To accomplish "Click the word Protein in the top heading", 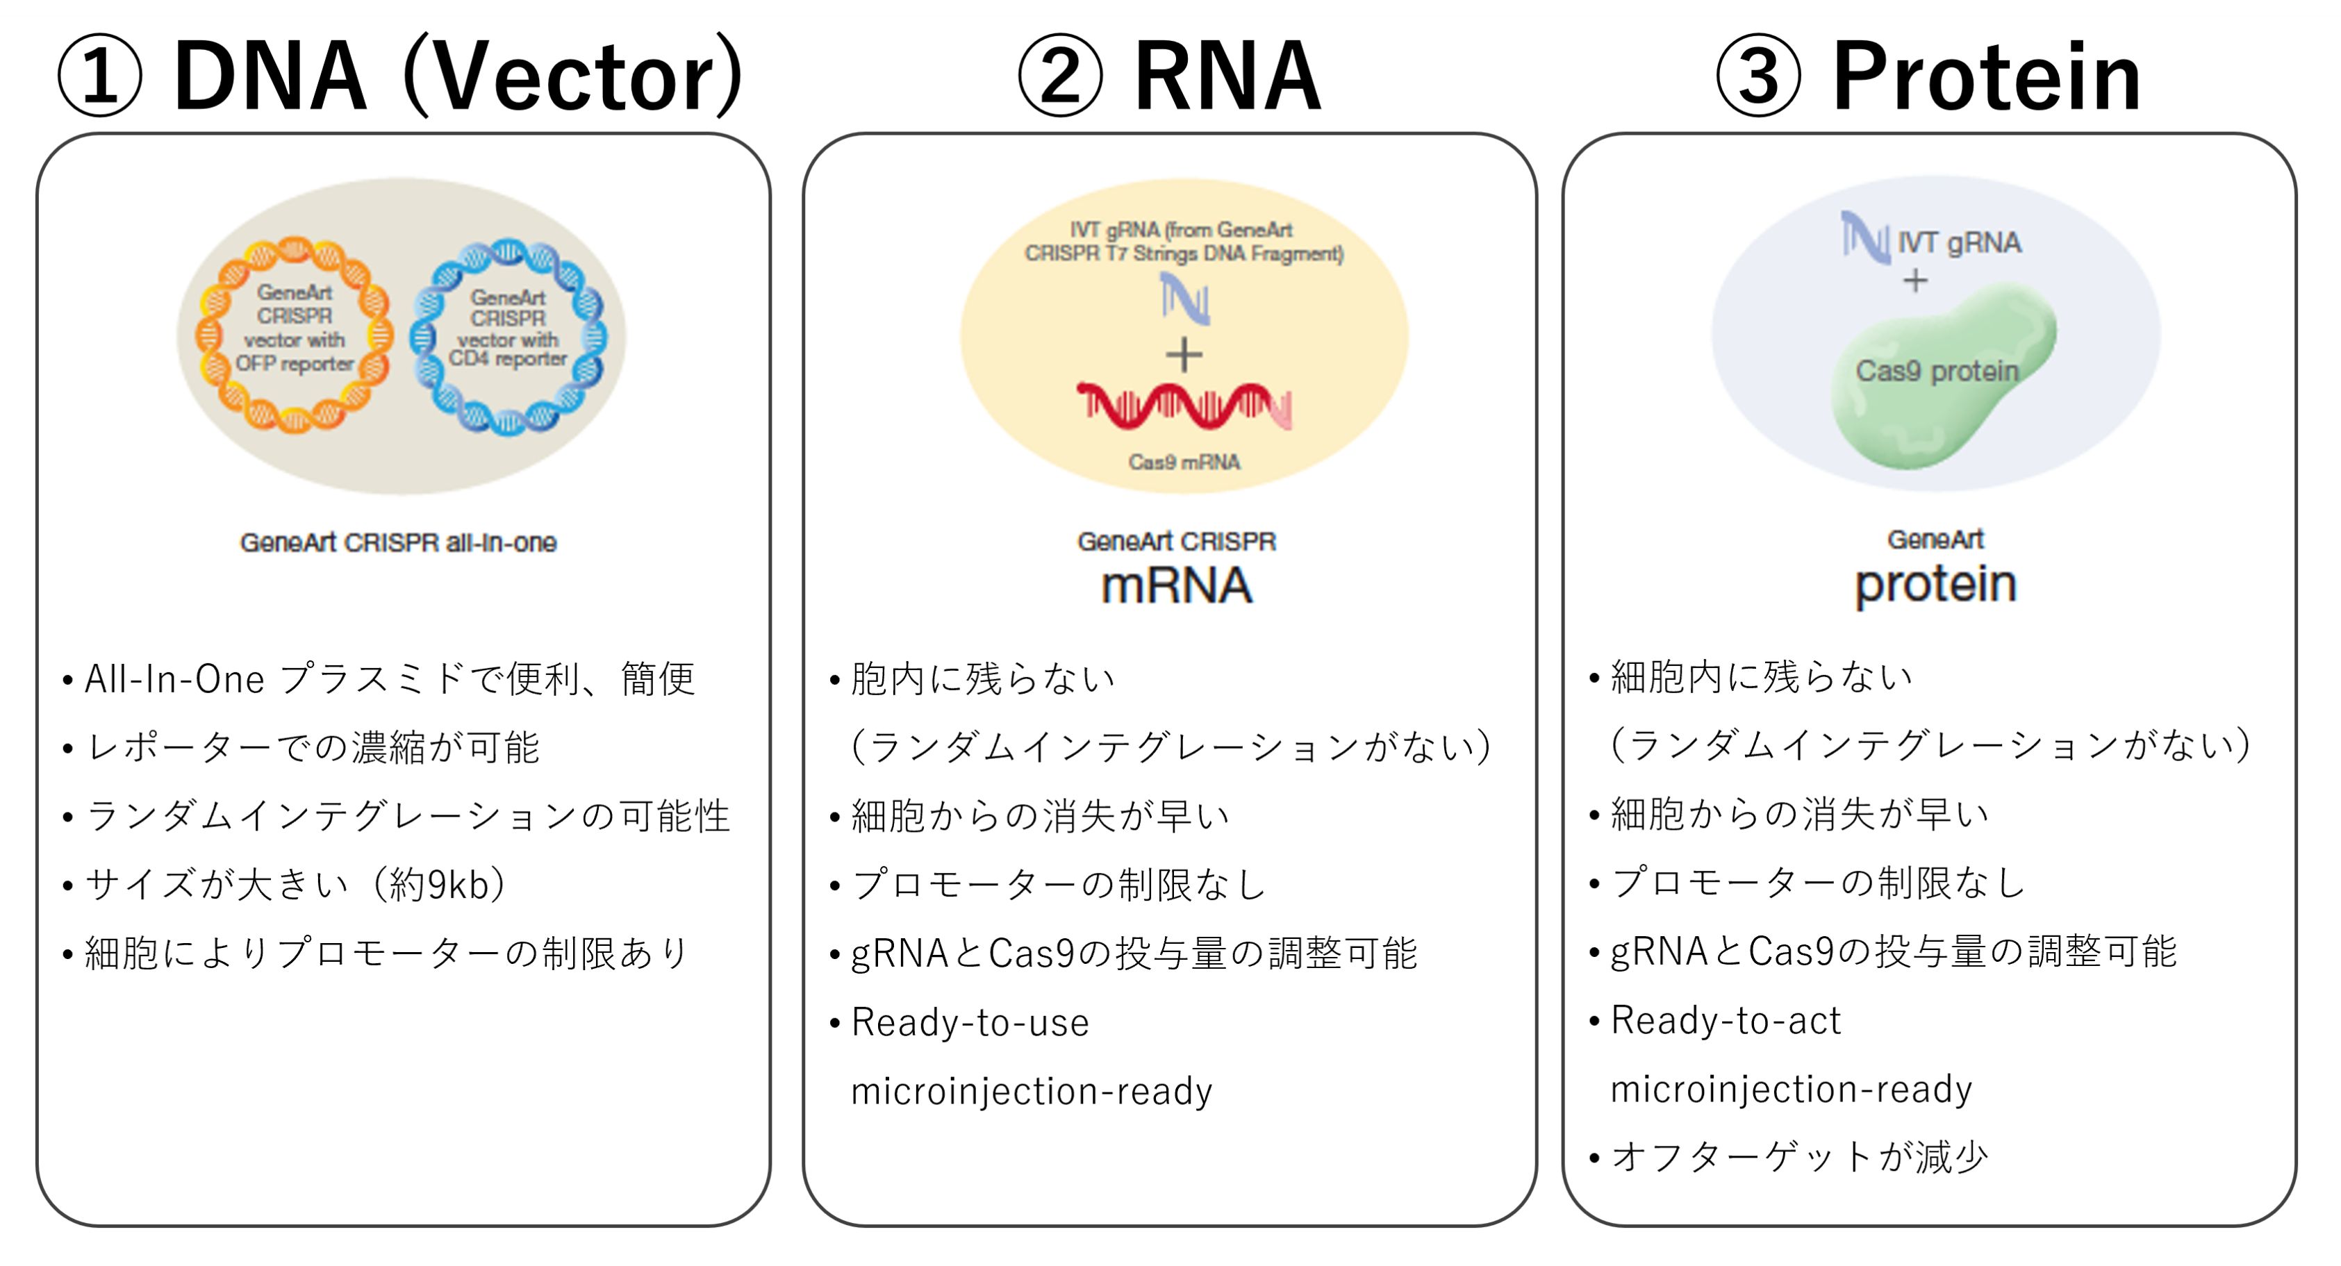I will [1987, 76].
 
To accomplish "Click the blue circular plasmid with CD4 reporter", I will [507, 335].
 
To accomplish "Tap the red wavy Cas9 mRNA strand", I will [1183, 406].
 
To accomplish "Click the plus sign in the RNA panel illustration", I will [1183, 354].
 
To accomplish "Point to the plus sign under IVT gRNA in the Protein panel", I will [1914, 281].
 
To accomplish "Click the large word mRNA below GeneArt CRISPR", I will [1177, 586].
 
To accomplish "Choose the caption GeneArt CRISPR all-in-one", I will [398, 542].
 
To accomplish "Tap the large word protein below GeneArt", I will [1936, 583].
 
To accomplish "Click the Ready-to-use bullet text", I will [970, 1022].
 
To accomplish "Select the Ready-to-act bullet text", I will [1726, 1021].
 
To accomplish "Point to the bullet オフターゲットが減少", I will [1799, 1157].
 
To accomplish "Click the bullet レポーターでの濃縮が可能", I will [313, 748].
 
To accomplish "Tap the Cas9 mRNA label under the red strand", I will [1183, 463].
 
